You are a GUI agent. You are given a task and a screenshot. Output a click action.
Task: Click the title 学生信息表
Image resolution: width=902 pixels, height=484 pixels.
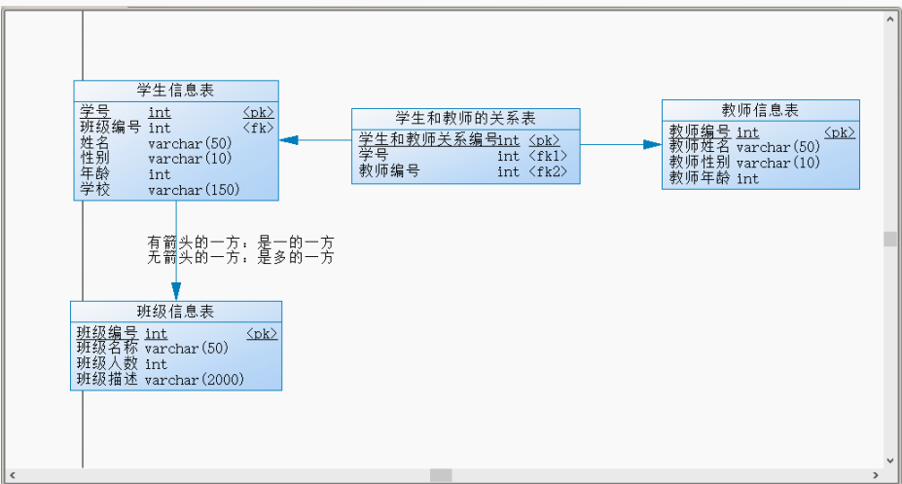click(x=175, y=90)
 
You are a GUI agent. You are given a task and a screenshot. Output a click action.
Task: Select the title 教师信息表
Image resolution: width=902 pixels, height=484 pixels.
click(x=760, y=110)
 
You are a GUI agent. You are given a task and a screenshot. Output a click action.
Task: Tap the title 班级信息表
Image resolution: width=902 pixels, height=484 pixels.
click(x=175, y=312)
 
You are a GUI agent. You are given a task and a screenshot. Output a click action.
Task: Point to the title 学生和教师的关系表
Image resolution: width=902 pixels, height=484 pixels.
click(x=465, y=118)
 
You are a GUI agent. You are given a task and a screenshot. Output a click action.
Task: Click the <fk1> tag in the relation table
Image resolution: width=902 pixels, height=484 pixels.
click(x=548, y=156)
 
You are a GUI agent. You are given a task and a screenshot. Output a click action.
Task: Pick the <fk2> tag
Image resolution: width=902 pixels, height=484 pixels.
click(x=548, y=171)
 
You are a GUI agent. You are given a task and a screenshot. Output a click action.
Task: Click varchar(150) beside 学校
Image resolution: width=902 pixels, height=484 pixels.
click(x=194, y=189)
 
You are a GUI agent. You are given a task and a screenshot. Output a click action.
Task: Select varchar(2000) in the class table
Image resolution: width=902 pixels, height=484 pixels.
click(x=195, y=379)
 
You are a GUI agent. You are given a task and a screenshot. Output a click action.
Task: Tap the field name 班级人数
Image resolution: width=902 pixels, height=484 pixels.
click(x=107, y=363)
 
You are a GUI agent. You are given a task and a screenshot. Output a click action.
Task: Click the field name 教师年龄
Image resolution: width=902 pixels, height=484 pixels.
click(x=699, y=178)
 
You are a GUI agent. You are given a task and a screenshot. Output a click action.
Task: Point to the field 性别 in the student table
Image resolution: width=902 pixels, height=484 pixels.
click(x=95, y=159)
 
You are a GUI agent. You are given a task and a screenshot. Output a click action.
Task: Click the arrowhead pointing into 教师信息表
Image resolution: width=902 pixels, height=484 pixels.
click(x=652, y=144)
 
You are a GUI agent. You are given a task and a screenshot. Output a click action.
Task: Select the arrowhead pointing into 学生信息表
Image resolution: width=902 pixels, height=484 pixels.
click(x=289, y=140)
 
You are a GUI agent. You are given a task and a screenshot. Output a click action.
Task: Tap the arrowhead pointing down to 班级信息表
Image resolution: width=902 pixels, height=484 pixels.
click(x=176, y=291)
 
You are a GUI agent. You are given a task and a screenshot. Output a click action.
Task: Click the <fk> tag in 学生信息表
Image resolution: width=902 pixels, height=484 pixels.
click(x=258, y=128)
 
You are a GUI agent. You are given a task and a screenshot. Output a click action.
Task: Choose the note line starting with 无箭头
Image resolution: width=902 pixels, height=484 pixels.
click(x=240, y=257)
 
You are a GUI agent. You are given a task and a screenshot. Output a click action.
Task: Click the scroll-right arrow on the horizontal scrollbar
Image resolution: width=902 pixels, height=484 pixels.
click(x=876, y=475)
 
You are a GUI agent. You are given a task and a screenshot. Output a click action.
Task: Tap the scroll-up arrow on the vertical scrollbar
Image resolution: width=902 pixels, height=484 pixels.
click(x=890, y=19)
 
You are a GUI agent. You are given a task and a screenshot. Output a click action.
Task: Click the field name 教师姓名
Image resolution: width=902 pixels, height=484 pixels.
click(x=699, y=147)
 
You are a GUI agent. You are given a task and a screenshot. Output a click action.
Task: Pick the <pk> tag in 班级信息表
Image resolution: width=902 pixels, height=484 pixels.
click(x=262, y=334)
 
